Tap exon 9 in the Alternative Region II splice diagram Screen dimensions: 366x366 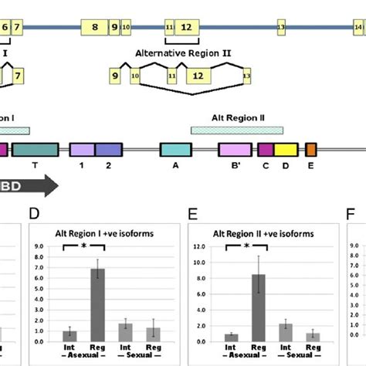point(115,76)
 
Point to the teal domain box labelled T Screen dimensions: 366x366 point(35,150)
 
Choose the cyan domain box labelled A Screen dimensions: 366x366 point(175,150)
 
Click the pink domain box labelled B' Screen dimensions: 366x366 point(234,150)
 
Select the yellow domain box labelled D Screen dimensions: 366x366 point(286,150)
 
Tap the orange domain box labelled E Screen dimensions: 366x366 point(311,150)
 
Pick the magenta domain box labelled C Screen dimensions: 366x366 point(266,150)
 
